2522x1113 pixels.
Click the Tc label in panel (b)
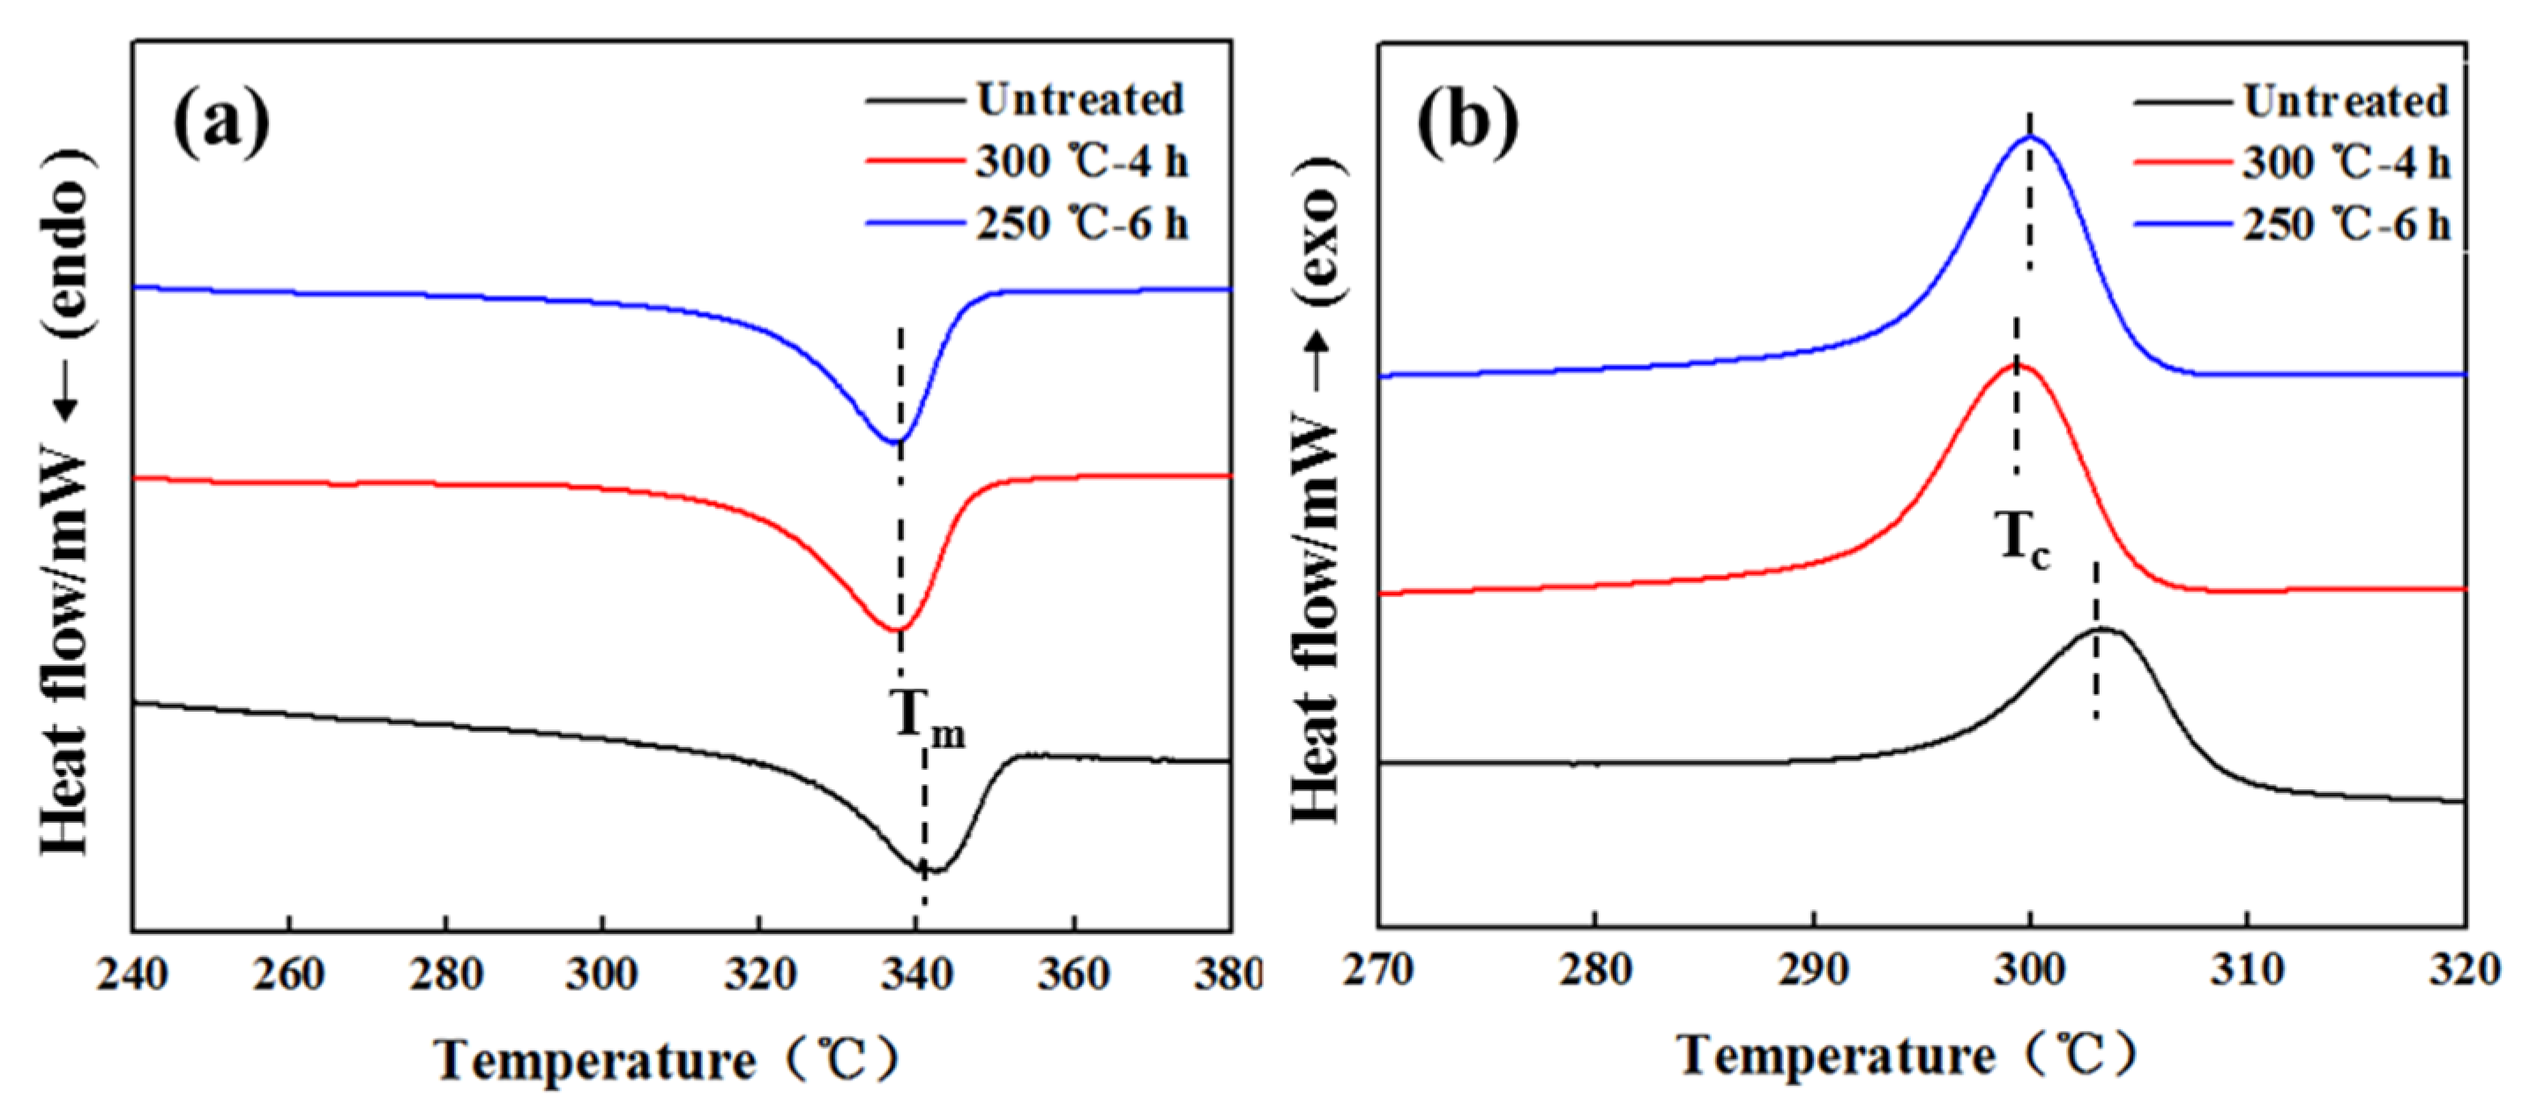coord(2023,542)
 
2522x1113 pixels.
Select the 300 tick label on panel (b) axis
coord(2030,969)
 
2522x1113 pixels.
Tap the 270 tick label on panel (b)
coord(1378,969)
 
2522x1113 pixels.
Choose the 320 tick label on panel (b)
coord(2463,969)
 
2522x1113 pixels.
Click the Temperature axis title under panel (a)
coord(666,1061)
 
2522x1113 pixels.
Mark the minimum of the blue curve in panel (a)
coord(895,442)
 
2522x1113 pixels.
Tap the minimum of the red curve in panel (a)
coord(897,630)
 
